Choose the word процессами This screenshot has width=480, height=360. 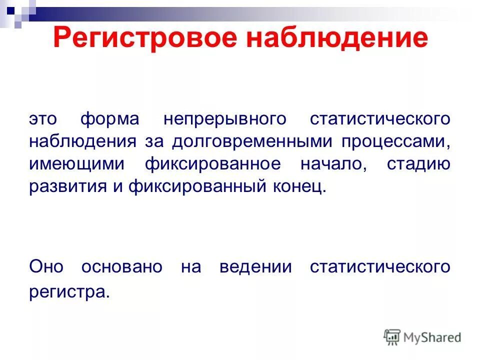(396, 141)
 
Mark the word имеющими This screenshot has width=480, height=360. (74, 164)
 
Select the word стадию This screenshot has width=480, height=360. (418, 164)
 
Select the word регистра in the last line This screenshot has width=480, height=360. (68, 290)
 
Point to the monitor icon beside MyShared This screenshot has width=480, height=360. (392, 336)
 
